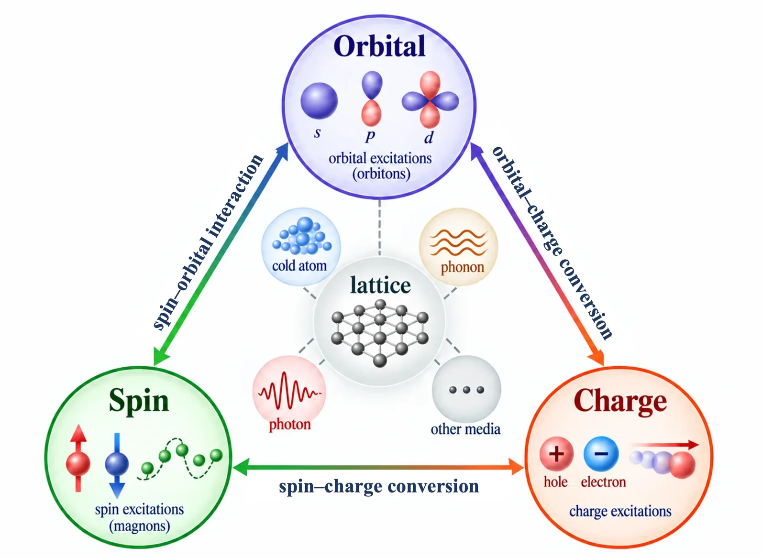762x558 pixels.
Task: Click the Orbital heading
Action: (x=379, y=46)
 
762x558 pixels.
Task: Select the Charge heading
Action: (x=620, y=403)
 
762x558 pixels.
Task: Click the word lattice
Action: (x=380, y=285)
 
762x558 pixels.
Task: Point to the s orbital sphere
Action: (x=319, y=101)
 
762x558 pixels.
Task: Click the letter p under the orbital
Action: (x=370, y=136)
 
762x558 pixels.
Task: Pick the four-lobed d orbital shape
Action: (x=430, y=100)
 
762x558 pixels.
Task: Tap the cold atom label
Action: (x=299, y=266)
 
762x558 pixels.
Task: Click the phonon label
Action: (x=462, y=267)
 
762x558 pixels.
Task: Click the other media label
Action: (x=465, y=429)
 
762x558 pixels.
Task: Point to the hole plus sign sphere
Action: (x=556, y=454)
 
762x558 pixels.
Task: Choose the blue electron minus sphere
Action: (x=601, y=454)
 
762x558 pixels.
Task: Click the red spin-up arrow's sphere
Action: (x=78, y=463)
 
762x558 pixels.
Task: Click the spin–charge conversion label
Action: (x=379, y=486)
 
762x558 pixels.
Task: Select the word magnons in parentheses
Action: (x=140, y=526)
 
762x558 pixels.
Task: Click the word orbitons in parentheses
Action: (x=381, y=174)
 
